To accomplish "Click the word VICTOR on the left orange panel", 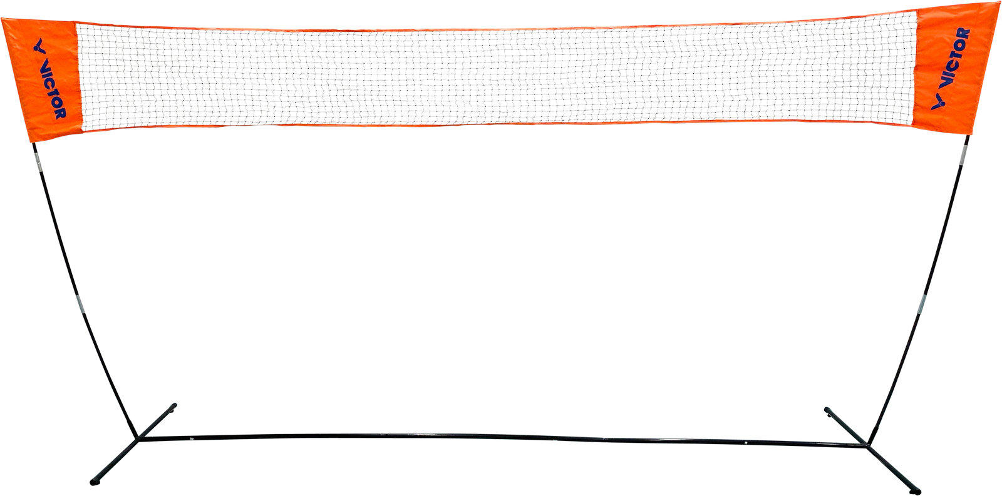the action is tap(53, 90).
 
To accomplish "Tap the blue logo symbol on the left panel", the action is tap(40, 46).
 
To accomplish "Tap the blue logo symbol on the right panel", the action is tap(939, 102).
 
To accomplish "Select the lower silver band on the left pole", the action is tap(81, 304).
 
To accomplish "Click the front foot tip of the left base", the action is tap(93, 482).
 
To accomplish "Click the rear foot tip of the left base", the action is tap(174, 406).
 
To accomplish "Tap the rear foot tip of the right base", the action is tap(827, 410).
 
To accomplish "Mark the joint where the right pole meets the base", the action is tap(868, 445).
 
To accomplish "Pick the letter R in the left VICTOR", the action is tap(60, 113).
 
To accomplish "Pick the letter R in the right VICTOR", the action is tap(964, 34).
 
